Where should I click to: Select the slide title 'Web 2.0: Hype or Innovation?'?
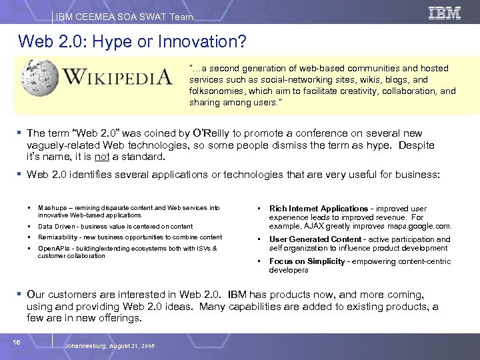click(133, 42)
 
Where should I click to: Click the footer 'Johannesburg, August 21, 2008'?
click(111, 347)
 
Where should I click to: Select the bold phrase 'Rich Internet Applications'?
click(318, 209)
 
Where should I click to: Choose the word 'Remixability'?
click(58, 237)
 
